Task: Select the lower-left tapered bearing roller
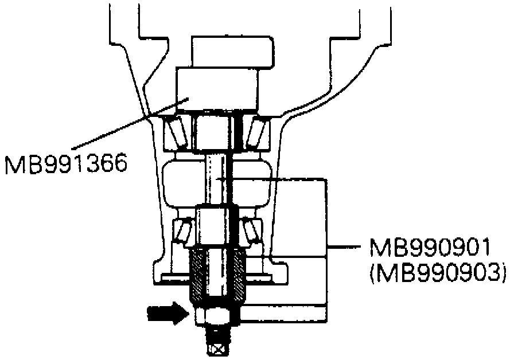[x=182, y=232]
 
